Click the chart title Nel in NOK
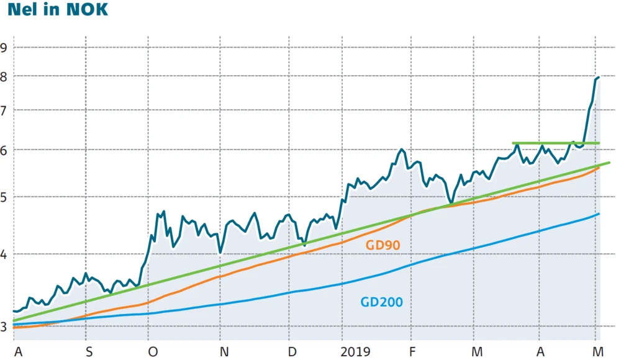tap(55, 11)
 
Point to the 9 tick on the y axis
tap(5, 47)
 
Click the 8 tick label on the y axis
tap(5, 76)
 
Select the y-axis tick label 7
tap(5, 110)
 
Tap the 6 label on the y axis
tap(5, 150)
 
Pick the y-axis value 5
tap(5, 197)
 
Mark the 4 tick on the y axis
tap(5, 254)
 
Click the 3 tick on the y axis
tap(5, 326)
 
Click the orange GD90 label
tap(383, 245)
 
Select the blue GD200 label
tap(381, 303)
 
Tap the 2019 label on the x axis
tap(356, 351)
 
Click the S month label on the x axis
tap(89, 351)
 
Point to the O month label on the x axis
tap(153, 351)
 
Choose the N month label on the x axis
tap(224, 351)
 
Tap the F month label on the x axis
tap(411, 351)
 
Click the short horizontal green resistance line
tap(556, 143)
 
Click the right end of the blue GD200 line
tap(599, 214)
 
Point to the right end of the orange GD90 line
tap(599, 168)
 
